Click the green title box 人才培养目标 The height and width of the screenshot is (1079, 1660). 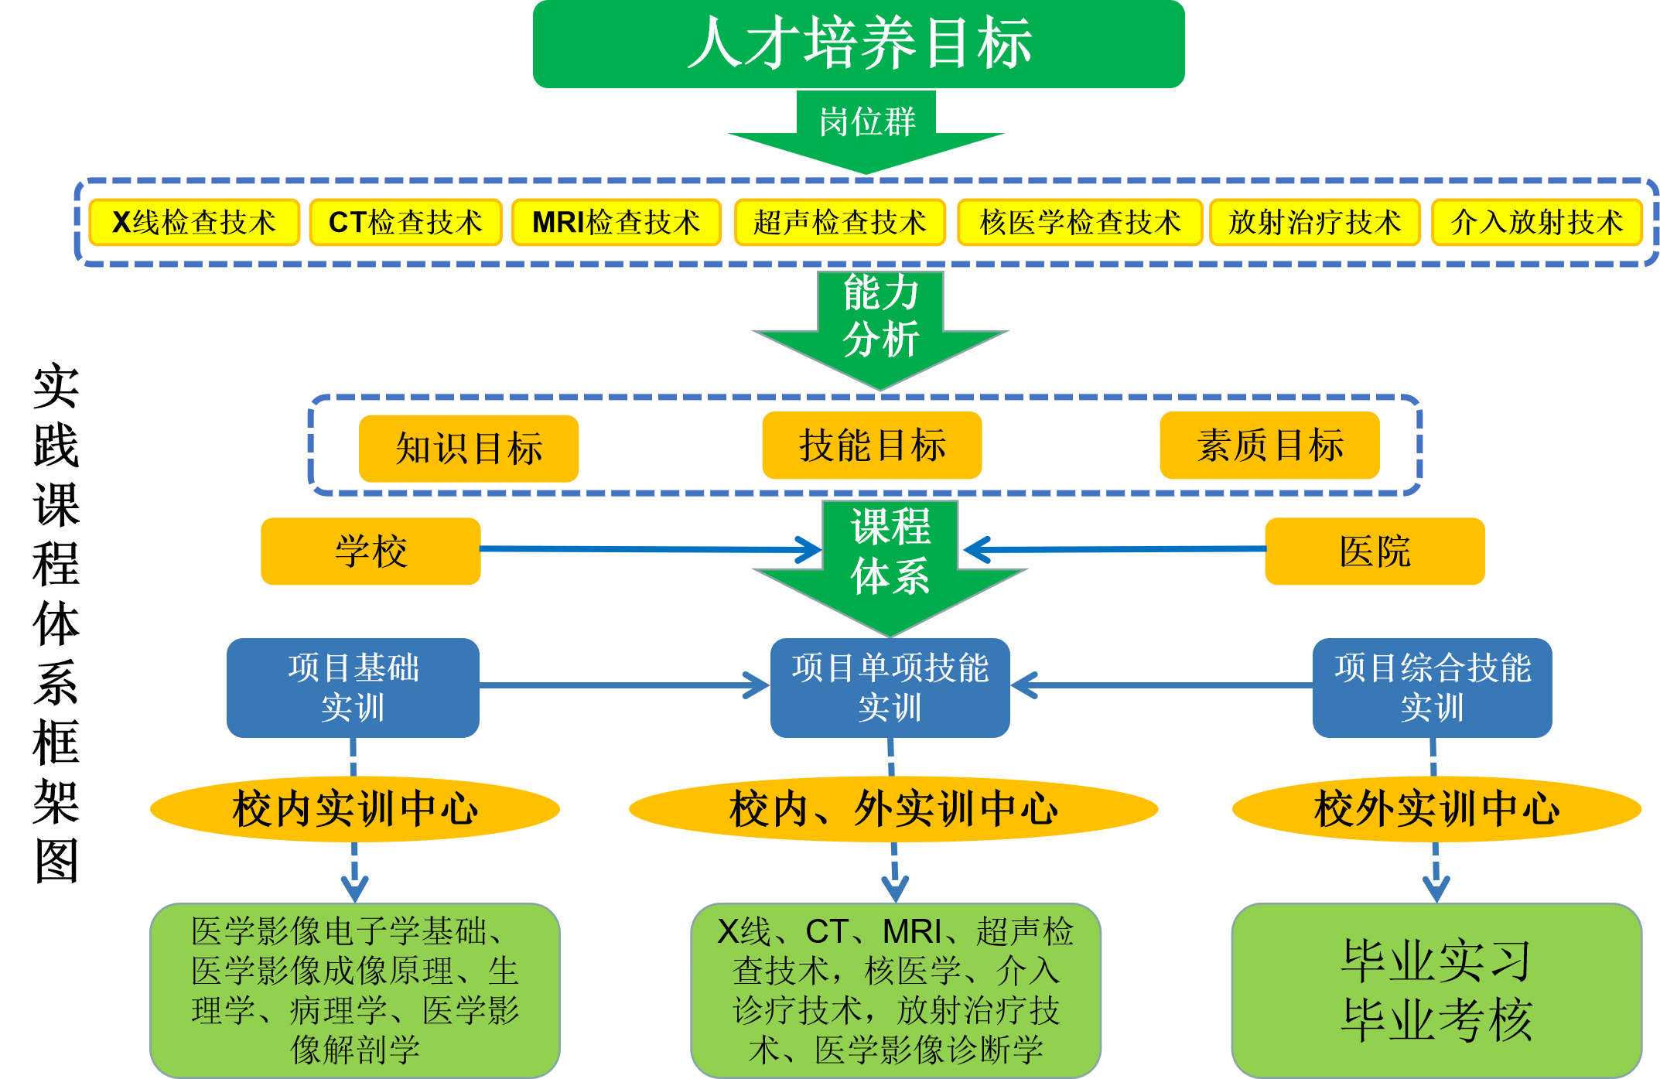coord(859,43)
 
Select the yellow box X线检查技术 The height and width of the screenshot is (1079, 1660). coord(194,223)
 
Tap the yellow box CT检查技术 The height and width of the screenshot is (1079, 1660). coord(405,223)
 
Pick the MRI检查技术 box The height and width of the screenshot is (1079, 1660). coord(616,223)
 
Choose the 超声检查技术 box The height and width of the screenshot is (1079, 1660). coord(839,223)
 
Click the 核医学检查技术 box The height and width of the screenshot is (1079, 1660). coord(1080,223)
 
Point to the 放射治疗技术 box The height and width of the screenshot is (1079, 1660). coord(1314,223)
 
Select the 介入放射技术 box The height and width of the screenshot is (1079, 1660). coord(1536,223)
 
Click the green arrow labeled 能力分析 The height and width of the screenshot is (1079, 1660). coord(880,325)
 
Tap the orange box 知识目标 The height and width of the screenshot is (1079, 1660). coord(469,449)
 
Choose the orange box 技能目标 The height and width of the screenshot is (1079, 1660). coord(872,446)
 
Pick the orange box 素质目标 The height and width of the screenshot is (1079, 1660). coord(1269,446)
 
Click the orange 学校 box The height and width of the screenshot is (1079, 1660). coord(371,551)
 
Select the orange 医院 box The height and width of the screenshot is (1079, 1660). coord(1375,551)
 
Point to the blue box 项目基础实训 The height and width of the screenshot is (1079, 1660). coord(353,688)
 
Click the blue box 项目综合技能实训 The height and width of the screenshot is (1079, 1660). coord(1432,688)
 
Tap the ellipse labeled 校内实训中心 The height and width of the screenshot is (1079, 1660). coord(354,809)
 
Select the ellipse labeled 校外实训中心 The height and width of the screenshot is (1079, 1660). coord(1436,809)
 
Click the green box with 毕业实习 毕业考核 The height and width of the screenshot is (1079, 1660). coord(1436,990)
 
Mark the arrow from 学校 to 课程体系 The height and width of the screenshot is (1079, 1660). coord(650,549)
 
